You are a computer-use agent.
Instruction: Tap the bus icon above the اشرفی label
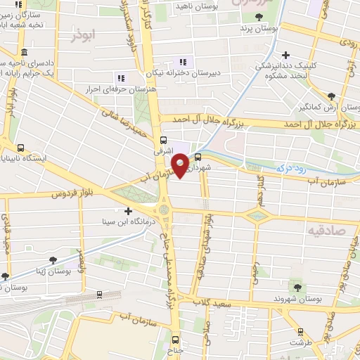click(164, 140)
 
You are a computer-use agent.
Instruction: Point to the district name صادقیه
click(327, 230)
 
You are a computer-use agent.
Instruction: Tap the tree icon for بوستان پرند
click(259, 16)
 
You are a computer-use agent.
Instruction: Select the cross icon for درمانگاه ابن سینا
click(127, 211)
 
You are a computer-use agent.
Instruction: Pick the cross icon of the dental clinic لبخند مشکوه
click(285, 55)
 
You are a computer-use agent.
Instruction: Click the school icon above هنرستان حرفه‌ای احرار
click(121, 77)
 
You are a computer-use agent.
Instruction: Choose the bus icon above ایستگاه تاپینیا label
click(20, 148)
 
